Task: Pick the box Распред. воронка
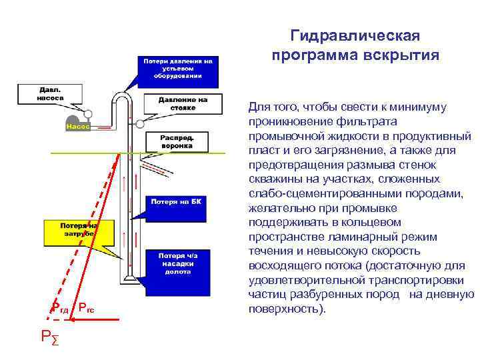(176, 141)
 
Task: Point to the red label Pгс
(86, 307)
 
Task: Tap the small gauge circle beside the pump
(88, 113)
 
